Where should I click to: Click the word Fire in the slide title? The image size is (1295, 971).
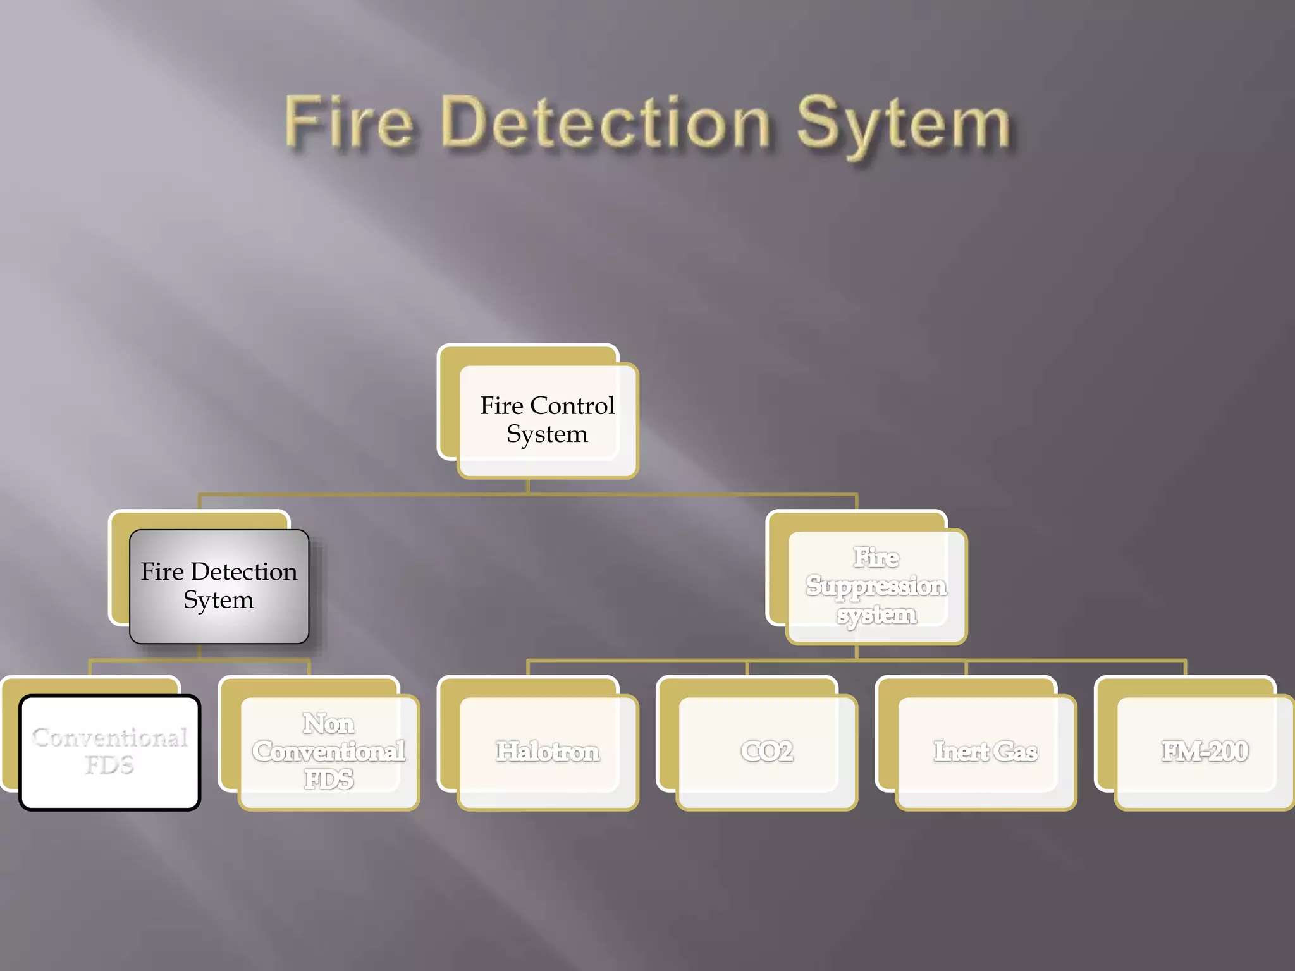pyautogui.click(x=348, y=123)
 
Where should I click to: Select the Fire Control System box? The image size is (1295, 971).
pyautogui.click(x=547, y=420)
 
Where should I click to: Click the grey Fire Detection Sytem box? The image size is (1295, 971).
pyautogui.click(x=219, y=586)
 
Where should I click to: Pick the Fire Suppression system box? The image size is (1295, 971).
pyautogui.click(x=876, y=586)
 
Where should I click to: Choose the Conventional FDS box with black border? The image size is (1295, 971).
pyautogui.click(x=109, y=752)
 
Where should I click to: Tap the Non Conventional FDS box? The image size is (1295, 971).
pyautogui.click(x=328, y=752)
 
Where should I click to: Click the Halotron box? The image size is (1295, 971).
pyautogui.click(x=547, y=752)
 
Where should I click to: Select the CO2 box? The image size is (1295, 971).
pyautogui.click(x=766, y=752)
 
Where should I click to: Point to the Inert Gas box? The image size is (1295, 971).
pyautogui.click(x=985, y=752)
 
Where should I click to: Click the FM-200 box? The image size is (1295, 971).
pyautogui.click(x=1204, y=752)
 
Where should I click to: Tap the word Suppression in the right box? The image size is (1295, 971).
pyautogui.click(x=876, y=586)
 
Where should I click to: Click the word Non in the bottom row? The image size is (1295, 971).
pyautogui.click(x=328, y=724)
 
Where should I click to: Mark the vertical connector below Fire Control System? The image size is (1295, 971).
pyautogui.click(x=528, y=485)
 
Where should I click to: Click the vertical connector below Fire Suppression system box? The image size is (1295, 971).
pyautogui.click(x=857, y=652)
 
